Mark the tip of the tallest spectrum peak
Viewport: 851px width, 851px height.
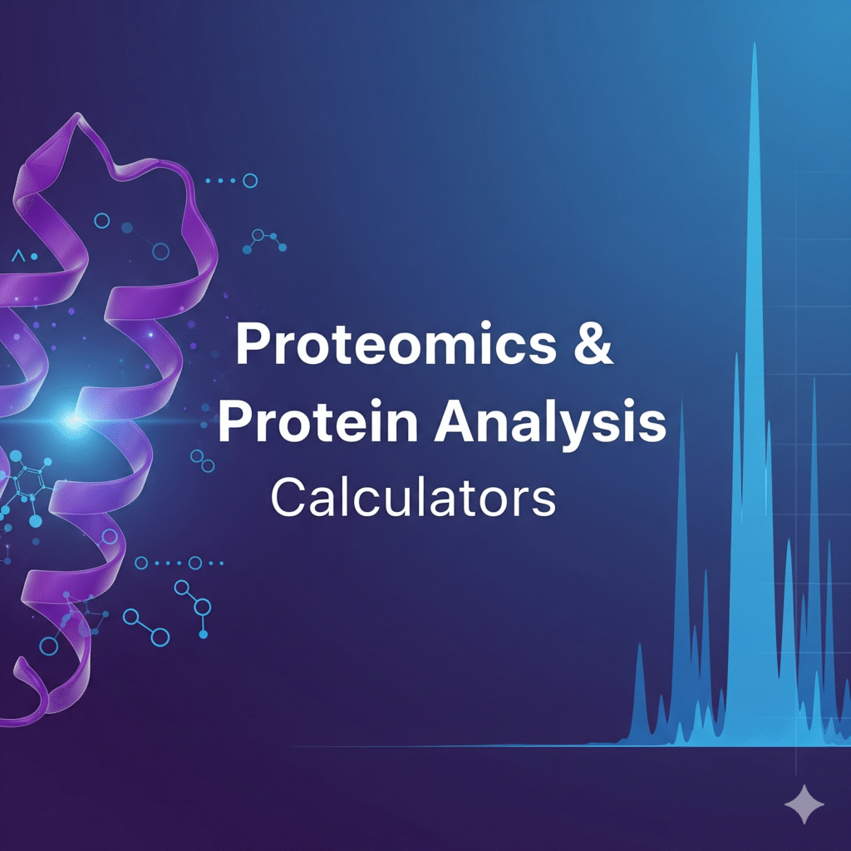point(755,46)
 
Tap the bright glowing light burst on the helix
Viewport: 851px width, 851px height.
point(73,422)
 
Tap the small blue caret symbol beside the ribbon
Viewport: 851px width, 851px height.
point(17,251)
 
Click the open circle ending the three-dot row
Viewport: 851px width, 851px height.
point(249,180)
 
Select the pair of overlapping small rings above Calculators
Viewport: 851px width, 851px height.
point(199,457)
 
